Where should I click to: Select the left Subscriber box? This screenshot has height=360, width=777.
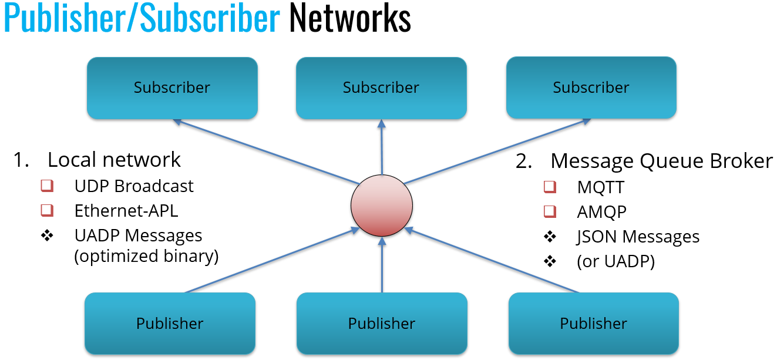tap(172, 88)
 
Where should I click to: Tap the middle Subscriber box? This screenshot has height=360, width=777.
tap(381, 88)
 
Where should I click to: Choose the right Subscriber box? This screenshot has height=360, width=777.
tap(591, 88)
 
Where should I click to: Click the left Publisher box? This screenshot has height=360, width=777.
tap(170, 324)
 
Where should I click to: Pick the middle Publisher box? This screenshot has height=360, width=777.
tap(382, 324)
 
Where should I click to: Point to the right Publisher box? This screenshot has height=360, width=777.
tap(593, 324)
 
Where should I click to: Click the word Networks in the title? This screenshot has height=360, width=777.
tap(350, 19)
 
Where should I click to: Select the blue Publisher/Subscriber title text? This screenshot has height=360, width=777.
tap(142, 19)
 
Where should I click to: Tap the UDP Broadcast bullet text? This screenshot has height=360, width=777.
tap(134, 186)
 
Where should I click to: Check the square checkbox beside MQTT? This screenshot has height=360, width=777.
tap(550, 187)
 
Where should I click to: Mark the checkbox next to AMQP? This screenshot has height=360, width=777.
tap(550, 211)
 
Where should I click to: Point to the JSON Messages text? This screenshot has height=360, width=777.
tap(638, 237)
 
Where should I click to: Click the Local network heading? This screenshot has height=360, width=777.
tap(114, 160)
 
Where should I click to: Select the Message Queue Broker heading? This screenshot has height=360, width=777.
tap(661, 161)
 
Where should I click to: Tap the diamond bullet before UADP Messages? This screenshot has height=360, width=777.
tap(47, 235)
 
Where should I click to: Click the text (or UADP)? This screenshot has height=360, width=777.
tap(616, 261)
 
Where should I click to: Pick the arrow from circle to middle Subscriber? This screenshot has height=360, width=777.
tap(382, 147)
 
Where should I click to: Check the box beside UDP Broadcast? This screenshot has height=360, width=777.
tap(47, 186)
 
